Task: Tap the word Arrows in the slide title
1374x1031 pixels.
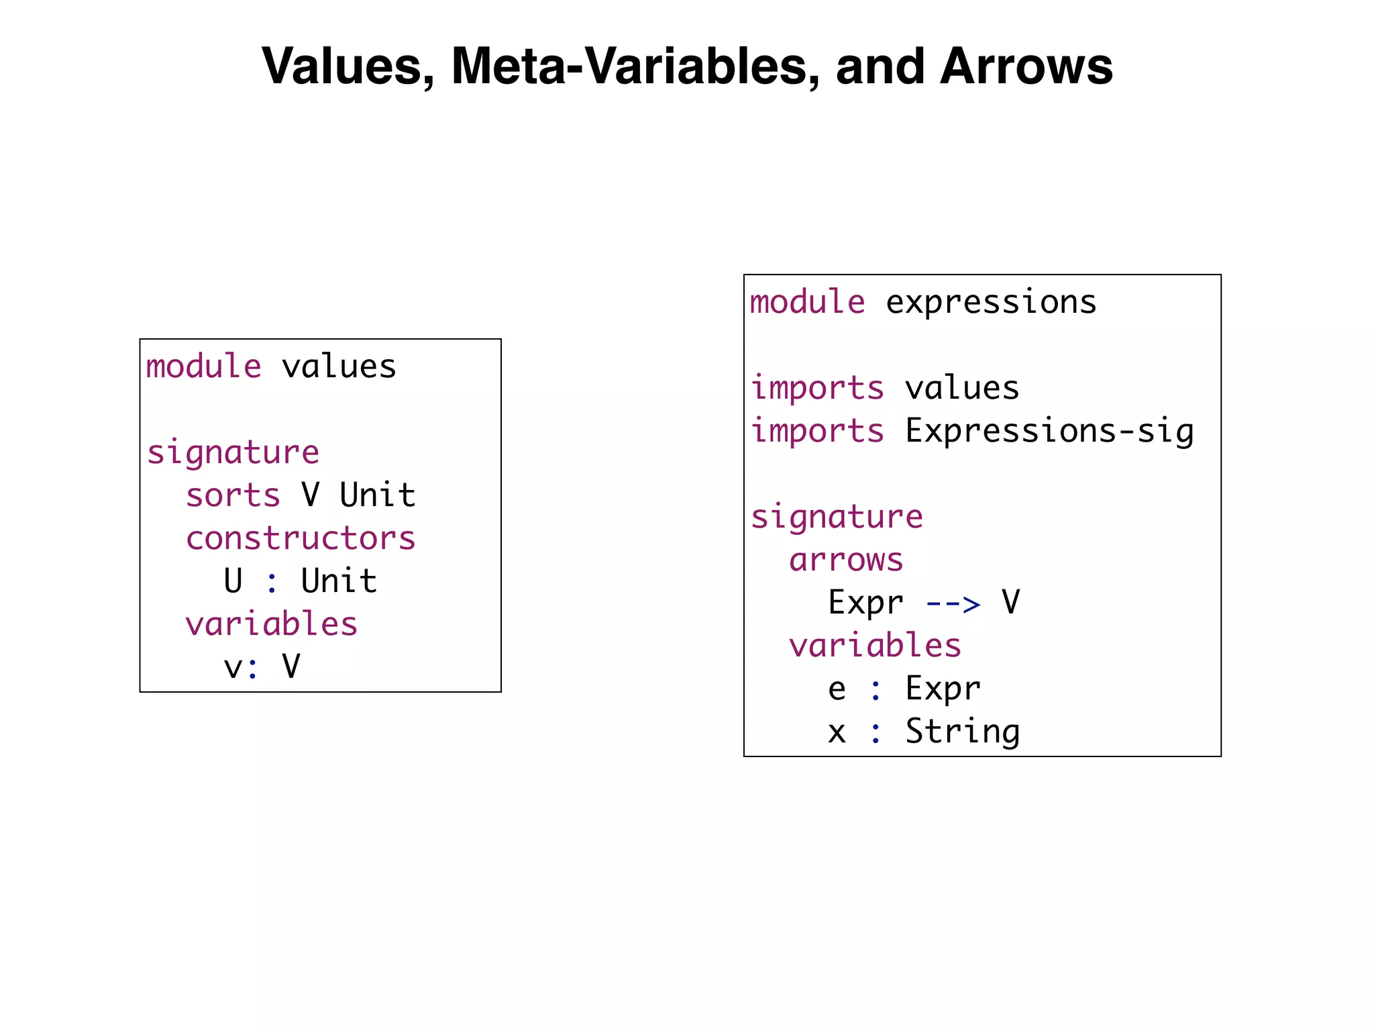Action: tap(1026, 66)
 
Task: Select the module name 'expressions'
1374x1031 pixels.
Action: tap(991, 302)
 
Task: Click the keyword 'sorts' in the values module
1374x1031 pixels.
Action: tap(233, 496)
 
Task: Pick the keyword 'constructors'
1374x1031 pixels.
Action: tap(301, 539)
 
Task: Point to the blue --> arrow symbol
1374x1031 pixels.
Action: tap(953, 603)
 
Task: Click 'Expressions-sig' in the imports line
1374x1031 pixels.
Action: tap(1049, 431)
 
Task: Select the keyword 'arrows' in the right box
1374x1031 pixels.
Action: tap(846, 560)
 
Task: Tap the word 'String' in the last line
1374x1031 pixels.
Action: tap(962, 732)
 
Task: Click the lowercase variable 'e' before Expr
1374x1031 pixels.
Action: tap(837, 689)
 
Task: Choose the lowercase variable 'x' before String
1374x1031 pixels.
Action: tap(837, 732)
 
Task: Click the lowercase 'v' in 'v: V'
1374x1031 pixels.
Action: tap(232, 668)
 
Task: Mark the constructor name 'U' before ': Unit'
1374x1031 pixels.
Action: tap(233, 581)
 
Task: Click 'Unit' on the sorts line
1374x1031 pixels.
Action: tap(377, 496)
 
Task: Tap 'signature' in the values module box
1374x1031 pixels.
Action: tap(233, 453)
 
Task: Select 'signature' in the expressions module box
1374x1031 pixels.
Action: tap(837, 518)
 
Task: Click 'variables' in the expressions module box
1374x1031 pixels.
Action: tap(875, 646)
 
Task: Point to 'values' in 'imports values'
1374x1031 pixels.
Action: tap(962, 388)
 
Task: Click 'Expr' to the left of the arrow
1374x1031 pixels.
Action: tap(865, 603)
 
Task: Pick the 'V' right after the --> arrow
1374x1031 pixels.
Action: tap(1010, 602)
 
